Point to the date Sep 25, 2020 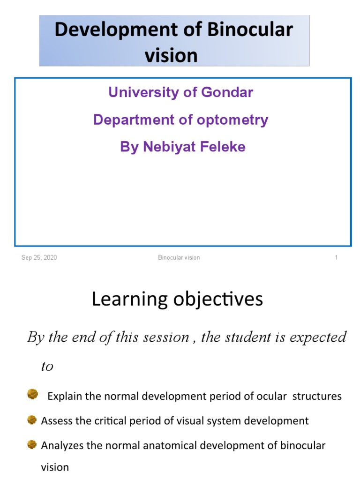pos(39,257)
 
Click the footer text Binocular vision pos(179,257)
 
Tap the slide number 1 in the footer pos(336,257)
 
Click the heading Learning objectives pos(177,299)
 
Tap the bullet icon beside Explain pos(32,394)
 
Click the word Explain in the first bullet pos(65,396)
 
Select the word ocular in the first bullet pos(272,396)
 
